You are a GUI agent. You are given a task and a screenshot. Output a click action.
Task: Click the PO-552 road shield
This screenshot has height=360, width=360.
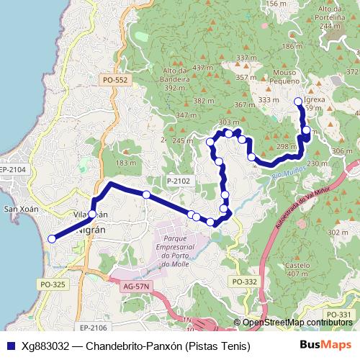coord(115,81)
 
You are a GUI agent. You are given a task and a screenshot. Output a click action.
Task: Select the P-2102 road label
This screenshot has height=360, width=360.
coord(178,181)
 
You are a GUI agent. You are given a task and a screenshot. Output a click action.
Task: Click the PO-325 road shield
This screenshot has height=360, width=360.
coord(53,285)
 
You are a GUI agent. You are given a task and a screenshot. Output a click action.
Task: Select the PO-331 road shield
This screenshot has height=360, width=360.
coord(338,315)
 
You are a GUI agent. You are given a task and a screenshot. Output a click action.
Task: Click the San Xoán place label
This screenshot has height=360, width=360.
coord(21,210)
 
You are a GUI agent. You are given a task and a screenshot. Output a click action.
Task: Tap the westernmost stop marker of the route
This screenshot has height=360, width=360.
coord(51,239)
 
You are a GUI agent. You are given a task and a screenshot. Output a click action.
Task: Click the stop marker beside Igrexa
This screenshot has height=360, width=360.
coord(298,102)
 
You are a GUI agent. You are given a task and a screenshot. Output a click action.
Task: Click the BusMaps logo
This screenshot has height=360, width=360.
coord(325,346)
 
